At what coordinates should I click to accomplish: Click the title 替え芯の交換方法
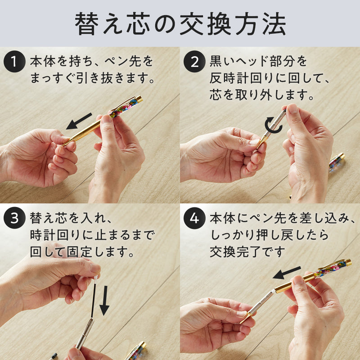[x=180, y=24]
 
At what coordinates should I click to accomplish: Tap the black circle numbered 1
[x=14, y=62]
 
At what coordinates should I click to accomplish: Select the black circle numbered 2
[x=194, y=62]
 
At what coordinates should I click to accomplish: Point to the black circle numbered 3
[x=14, y=218]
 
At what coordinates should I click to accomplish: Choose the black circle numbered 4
[x=194, y=218]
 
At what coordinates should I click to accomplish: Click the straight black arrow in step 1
[x=79, y=121]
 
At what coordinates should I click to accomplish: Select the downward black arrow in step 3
[x=104, y=300]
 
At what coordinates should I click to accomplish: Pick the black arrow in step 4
[x=287, y=273]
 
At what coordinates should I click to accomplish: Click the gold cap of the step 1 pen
[x=139, y=99]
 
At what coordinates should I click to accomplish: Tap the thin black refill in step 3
[x=93, y=298]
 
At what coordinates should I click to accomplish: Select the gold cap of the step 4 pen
[x=348, y=262]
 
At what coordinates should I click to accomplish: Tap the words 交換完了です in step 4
[x=247, y=252]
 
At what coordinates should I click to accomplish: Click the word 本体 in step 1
[x=42, y=61]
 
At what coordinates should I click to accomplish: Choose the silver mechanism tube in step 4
[x=262, y=302]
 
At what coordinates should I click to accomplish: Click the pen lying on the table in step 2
[x=336, y=162]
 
